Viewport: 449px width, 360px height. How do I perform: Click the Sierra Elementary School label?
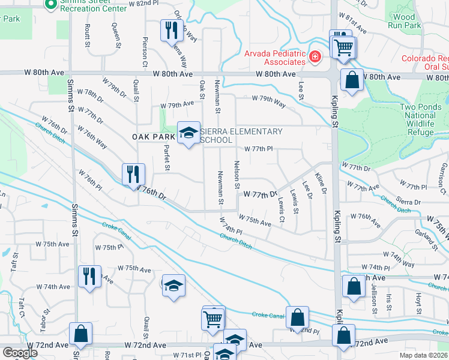pos(240,136)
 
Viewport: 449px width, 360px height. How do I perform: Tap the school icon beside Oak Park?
pos(188,133)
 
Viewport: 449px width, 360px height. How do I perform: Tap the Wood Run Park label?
pos(405,22)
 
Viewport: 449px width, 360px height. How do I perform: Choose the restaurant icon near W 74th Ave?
pos(89,277)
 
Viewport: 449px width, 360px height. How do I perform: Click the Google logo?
pos(20,352)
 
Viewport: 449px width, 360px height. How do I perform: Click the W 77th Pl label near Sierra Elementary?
pos(258,149)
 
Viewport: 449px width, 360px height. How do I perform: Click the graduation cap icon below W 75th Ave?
pos(173,285)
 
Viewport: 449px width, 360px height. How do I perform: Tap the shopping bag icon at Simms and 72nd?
pos(80,334)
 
